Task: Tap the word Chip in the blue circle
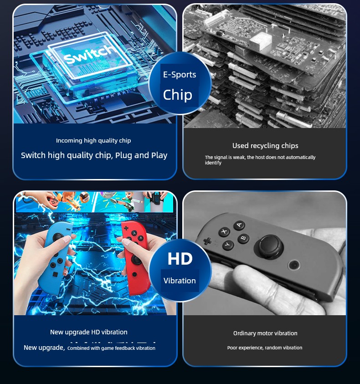click(x=178, y=95)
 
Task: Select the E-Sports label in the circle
click(x=180, y=75)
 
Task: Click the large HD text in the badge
click(x=180, y=259)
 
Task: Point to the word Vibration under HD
click(x=180, y=281)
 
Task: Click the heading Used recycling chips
click(x=265, y=146)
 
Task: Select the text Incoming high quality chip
click(x=93, y=141)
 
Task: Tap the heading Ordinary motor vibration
click(x=265, y=333)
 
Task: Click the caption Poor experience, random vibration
click(x=265, y=348)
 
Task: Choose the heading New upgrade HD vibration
click(x=89, y=332)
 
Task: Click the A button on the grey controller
click(x=239, y=225)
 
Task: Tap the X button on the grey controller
click(x=224, y=231)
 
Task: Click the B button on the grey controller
click(x=243, y=238)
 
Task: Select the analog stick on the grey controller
click(x=268, y=246)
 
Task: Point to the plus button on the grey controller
click(x=207, y=241)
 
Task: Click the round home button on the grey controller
click(x=294, y=265)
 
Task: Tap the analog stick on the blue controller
click(x=58, y=237)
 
